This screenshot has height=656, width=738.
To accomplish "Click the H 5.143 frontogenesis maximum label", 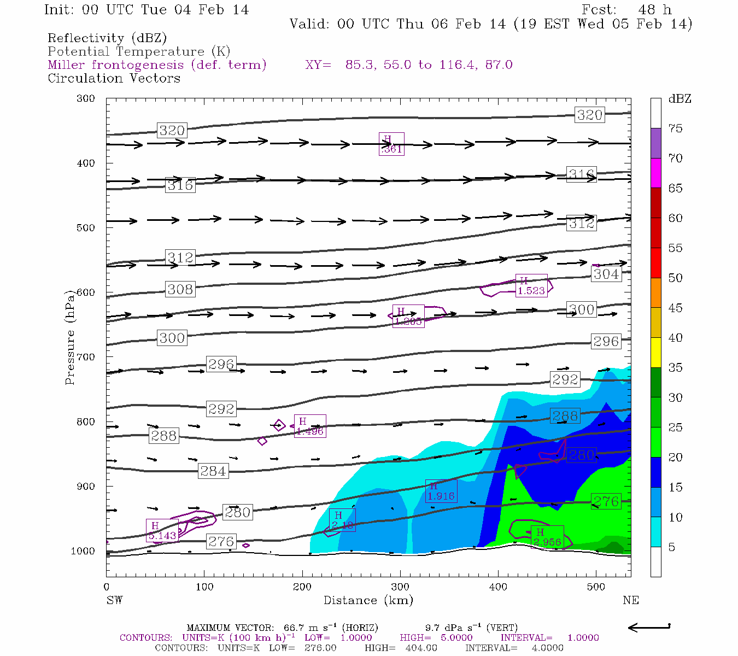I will (x=162, y=531).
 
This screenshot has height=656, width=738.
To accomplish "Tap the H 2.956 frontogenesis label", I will (x=547, y=537).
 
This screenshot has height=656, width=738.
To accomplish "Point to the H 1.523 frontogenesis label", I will (x=531, y=286).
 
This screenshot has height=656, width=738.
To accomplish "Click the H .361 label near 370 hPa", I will (x=391, y=144).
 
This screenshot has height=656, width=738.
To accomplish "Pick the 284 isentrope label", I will (x=213, y=471).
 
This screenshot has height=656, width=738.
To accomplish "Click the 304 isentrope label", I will (x=606, y=274).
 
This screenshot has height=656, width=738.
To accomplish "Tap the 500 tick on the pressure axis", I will (x=85, y=228).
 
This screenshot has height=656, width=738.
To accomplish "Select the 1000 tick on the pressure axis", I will (x=83, y=551).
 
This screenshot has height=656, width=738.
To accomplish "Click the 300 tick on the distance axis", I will (x=400, y=587).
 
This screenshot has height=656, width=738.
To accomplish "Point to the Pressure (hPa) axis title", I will (x=70, y=338).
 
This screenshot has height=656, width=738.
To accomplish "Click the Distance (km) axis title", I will (x=368, y=600).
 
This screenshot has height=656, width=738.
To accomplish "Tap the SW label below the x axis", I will (x=114, y=600).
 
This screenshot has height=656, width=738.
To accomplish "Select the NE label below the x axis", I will (x=630, y=600).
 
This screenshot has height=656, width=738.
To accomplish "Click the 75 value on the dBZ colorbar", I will (x=675, y=128).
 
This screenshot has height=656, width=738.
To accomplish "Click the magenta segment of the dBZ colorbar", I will (x=655, y=173).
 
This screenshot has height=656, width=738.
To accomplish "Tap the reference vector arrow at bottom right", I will (x=649, y=627).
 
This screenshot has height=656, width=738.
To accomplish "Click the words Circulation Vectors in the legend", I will (x=114, y=78).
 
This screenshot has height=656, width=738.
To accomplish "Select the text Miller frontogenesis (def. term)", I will (x=157, y=65).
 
